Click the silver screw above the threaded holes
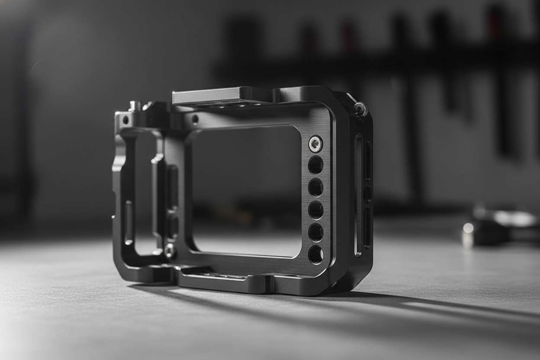pyautogui.click(x=315, y=144)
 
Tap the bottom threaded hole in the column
pyautogui.click(x=315, y=254)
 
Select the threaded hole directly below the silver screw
pyautogui.click(x=315, y=165)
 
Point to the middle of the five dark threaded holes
pyautogui.click(x=315, y=210)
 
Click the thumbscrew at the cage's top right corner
pyautogui.click(x=360, y=109)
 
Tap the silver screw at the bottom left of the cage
pyautogui.click(x=169, y=251)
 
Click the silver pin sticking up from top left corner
pyautogui.click(x=135, y=106)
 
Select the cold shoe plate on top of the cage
pyautogui.click(x=208, y=96)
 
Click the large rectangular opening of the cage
pyautogui.click(x=247, y=190)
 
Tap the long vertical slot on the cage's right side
pyautogui.click(x=358, y=195)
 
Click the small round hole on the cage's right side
pyautogui.click(x=367, y=194)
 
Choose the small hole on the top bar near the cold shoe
pyautogui.click(x=195, y=119)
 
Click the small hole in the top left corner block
pyautogui.click(x=125, y=120)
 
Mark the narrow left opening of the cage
pyautogui.click(x=145, y=190)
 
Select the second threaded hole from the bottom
pyautogui.click(x=315, y=232)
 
